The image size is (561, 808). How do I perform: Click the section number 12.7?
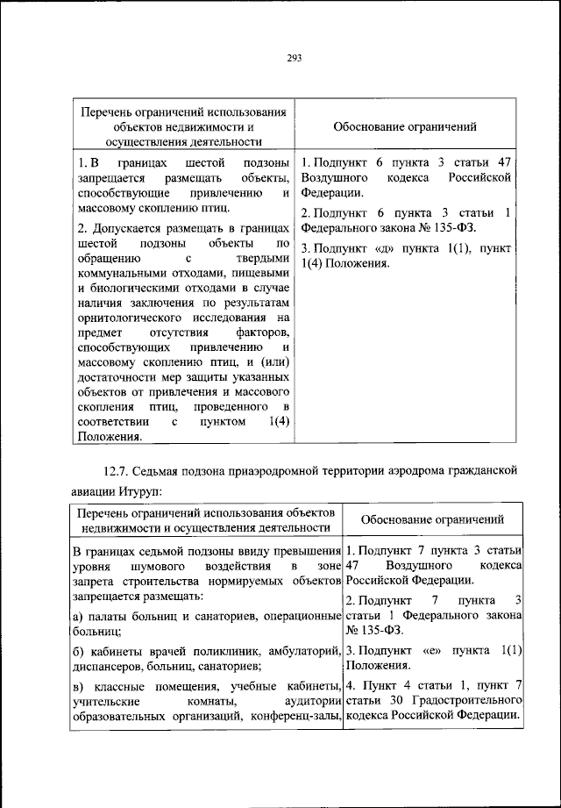pos(120,469)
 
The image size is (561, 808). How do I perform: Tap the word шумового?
pos(174,568)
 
